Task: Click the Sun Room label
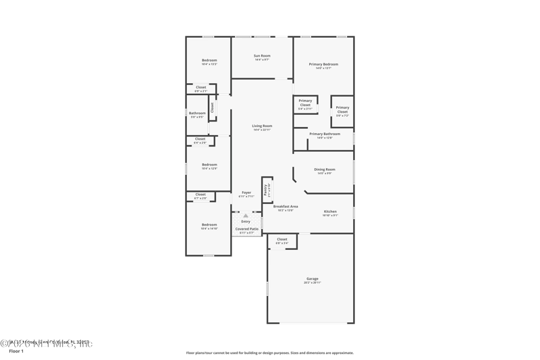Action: (x=262, y=55)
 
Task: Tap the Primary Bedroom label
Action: (x=323, y=64)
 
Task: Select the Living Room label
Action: (x=262, y=126)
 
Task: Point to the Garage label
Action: (x=312, y=278)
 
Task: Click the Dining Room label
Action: (x=324, y=170)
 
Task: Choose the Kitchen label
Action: (x=330, y=211)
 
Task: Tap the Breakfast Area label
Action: (x=286, y=206)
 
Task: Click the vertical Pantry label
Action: (x=266, y=190)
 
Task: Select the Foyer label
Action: (x=246, y=192)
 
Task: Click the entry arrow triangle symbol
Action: (x=246, y=215)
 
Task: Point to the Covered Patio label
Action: (x=246, y=229)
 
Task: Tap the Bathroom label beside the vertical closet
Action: (x=197, y=113)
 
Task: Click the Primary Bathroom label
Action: (x=325, y=134)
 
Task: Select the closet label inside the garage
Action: (x=282, y=239)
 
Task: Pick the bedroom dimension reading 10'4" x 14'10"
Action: (x=209, y=229)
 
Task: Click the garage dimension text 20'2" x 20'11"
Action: (x=312, y=282)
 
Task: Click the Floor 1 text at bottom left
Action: (x=16, y=351)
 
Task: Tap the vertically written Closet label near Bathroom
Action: (x=212, y=107)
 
